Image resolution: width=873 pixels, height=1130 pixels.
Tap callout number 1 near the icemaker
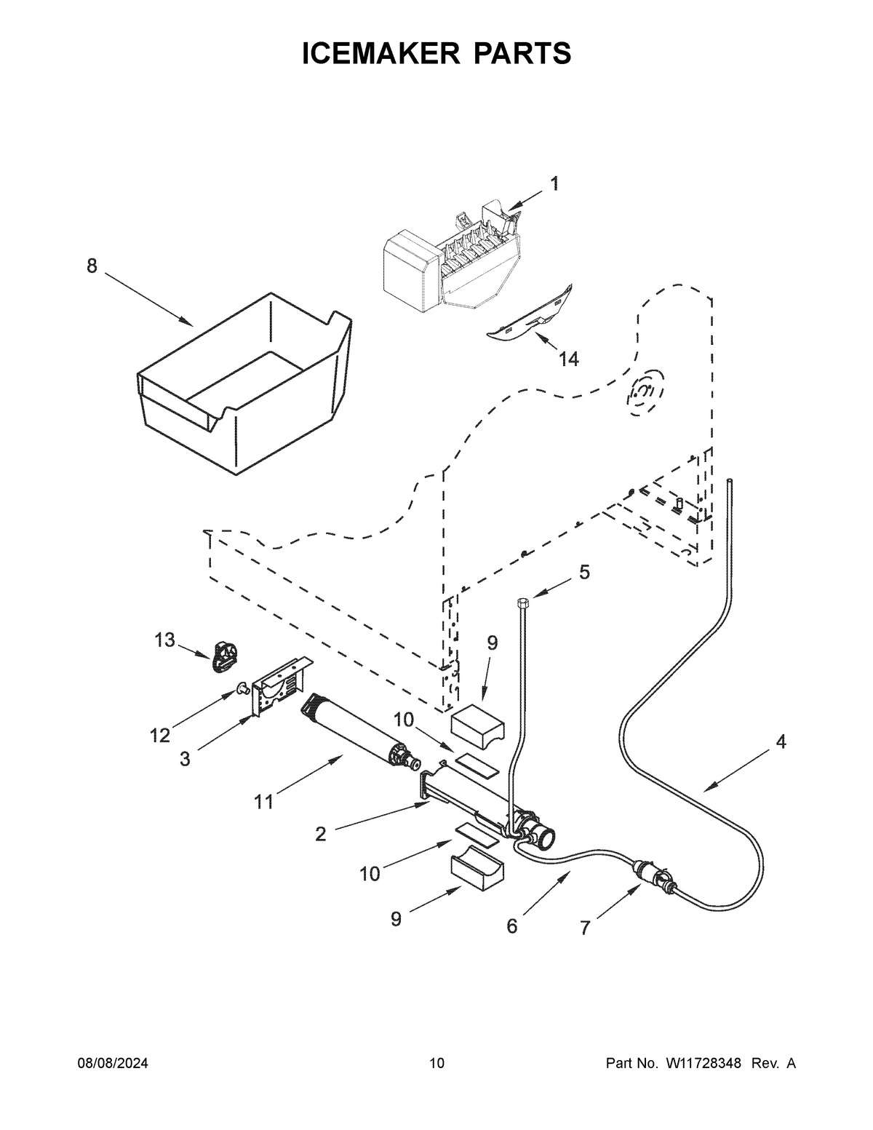pyautogui.click(x=554, y=184)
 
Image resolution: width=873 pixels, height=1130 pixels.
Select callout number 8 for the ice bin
pyautogui.click(x=92, y=266)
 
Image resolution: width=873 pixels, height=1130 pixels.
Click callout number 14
pyautogui.click(x=568, y=359)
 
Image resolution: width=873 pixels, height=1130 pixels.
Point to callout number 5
pyautogui.click(x=584, y=572)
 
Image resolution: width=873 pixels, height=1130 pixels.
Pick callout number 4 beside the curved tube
pyautogui.click(x=781, y=742)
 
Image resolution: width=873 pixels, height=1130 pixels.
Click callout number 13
pyautogui.click(x=164, y=640)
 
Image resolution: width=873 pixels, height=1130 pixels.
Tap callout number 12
pyautogui.click(x=160, y=736)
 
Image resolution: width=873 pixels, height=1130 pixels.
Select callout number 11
pyautogui.click(x=263, y=802)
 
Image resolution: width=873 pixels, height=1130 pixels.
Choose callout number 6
pyautogui.click(x=511, y=926)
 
